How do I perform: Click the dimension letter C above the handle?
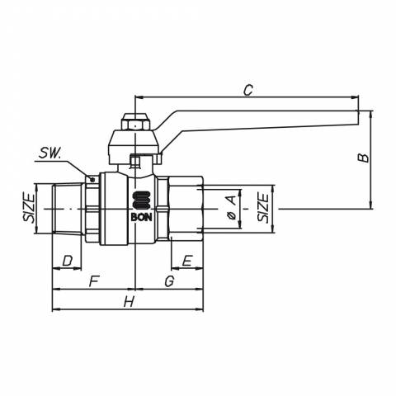click(248, 90)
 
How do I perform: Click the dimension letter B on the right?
click(363, 158)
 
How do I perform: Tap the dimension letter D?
click(68, 261)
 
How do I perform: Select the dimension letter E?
click(187, 261)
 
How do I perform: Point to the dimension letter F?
click(93, 281)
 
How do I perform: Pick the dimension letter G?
click(169, 281)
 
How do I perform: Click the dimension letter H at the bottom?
click(129, 302)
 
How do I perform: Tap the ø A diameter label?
click(233, 207)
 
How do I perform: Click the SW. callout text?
click(49, 153)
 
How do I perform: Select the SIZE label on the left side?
click(29, 209)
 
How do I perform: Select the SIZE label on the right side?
click(263, 208)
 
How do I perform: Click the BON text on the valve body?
click(141, 218)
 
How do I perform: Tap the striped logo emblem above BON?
click(141, 200)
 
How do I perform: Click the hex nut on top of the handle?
click(135, 122)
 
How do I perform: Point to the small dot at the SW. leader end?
click(92, 180)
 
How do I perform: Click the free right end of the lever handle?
click(358, 118)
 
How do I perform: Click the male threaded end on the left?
click(68, 209)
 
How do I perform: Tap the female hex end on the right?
click(186, 209)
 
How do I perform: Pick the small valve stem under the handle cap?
click(135, 163)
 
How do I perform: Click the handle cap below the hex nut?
click(134, 147)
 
